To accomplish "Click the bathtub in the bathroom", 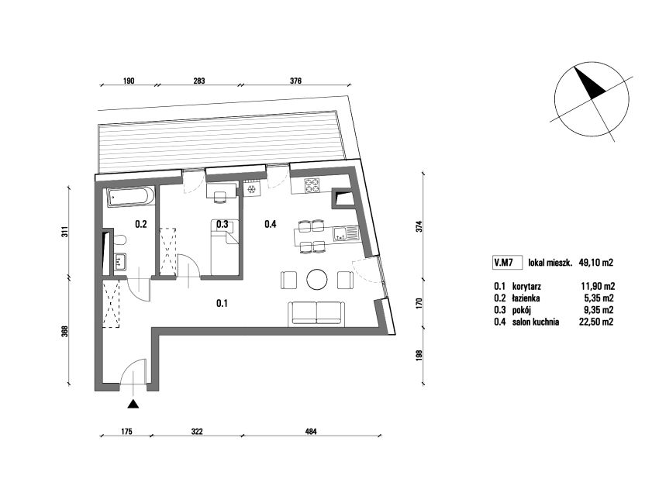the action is pos(131,197).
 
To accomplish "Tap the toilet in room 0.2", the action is pos(119,239).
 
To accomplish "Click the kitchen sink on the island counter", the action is pos(345,233).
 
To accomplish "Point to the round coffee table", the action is pos(317,280).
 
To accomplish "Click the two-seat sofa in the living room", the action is pos(316,313).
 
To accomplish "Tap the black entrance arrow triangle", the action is pos(133,404).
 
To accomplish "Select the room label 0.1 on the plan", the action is pos(222,303).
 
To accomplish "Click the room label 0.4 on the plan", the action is pos(271,224).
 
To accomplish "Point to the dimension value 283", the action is pos(198,81).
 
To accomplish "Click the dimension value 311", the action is pos(64,232).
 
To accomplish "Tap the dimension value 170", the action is pos(419,304).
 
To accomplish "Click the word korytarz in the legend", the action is pos(526,287).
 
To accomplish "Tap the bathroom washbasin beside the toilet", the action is pos(120,262).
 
